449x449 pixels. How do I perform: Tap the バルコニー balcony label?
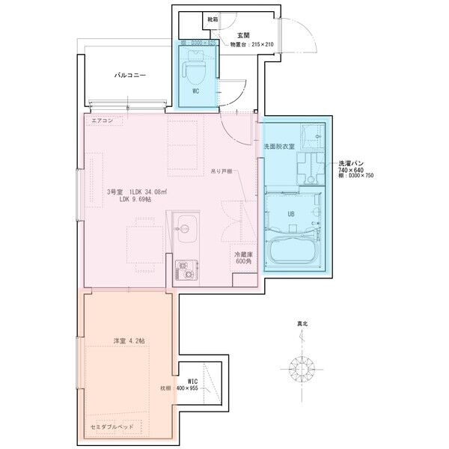[x=129, y=76]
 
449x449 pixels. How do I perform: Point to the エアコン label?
[x=102, y=120]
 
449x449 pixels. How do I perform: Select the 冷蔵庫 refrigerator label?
[x=243, y=255]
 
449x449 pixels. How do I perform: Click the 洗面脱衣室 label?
[x=278, y=147]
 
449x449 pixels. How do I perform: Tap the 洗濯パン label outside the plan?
[x=351, y=162]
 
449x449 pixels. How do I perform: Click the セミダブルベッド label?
[x=114, y=424]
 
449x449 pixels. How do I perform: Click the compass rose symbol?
[x=303, y=368]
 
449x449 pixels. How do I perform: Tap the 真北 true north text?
[x=302, y=324]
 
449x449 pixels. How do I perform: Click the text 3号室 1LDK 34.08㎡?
[x=136, y=192]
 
